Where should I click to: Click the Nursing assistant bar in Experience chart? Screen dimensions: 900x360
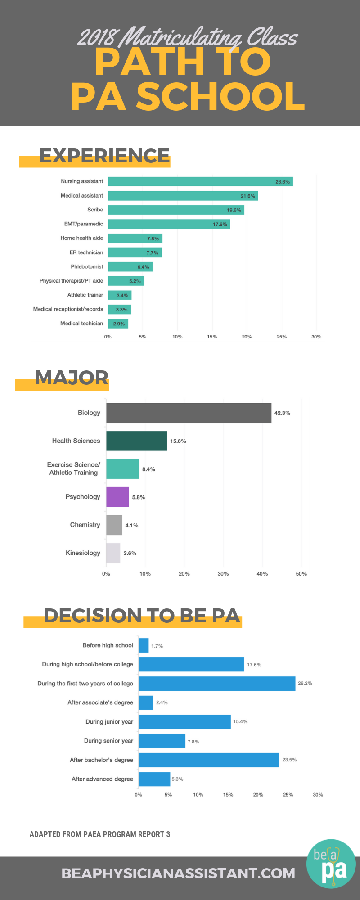click(200, 181)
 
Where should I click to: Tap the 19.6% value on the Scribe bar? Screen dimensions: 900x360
click(234, 210)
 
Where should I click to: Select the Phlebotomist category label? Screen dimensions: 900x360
click(87, 266)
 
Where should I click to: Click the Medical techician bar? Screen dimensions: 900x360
click(118, 324)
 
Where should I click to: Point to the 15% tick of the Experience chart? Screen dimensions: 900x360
click(212, 337)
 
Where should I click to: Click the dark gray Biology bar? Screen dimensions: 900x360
click(189, 413)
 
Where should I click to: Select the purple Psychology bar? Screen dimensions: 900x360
click(117, 497)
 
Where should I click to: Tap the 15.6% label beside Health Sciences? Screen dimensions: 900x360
click(178, 441)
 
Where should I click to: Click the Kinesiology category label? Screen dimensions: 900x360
click(83, 553)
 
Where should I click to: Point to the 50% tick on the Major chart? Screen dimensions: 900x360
click(301, 574)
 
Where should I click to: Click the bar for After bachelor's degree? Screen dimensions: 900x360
click(209, 760)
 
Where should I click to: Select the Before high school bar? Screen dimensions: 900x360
click(144, 645)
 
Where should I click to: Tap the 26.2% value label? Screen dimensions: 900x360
click(305, 683)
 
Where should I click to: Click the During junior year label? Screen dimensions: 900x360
click(109, 721)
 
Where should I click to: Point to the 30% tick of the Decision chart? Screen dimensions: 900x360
click(318, 795)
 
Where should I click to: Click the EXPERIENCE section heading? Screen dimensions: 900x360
click(104, 156)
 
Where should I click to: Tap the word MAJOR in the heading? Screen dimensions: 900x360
click(72, 378)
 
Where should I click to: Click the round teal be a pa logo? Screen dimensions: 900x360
click(331, 864)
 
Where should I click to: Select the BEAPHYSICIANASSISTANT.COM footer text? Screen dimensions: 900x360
click(178, 873)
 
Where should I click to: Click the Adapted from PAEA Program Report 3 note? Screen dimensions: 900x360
click(100, 834)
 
